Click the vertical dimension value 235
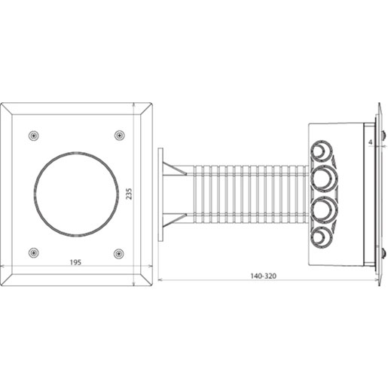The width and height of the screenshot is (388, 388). [x=130, y=194]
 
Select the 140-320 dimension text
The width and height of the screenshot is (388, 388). [x=263, y=276]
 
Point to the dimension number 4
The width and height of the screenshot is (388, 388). [x=371, y=140]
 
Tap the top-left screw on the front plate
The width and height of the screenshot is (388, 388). [x=33, y=135]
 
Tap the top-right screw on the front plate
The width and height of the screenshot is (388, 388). [x=119, y=135]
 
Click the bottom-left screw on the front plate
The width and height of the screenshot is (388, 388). [x=33, y=252]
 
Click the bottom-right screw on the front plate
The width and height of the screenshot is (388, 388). [x=119, y=252]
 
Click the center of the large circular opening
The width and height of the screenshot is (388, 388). [x=76, y=194]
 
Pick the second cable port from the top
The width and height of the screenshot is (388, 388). [x=322, y=179]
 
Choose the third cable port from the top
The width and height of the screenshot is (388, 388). [x=322, y=209]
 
